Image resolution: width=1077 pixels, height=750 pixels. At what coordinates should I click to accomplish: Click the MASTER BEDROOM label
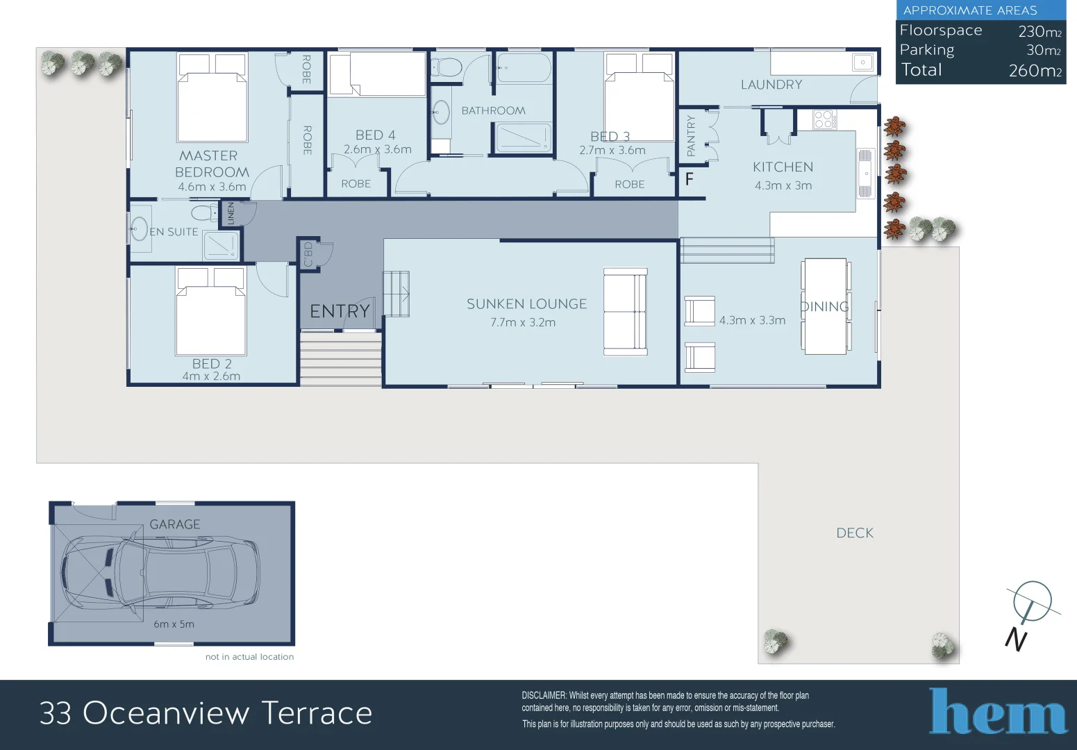(211, 164)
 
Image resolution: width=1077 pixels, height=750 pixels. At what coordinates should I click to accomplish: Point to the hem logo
(998, 711)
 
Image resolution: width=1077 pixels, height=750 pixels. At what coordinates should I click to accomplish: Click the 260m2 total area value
(1035, 71)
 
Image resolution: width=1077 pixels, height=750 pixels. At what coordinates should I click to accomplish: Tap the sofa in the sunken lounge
(625, 312)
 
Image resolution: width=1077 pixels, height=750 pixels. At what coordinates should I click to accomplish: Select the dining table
(825, 306)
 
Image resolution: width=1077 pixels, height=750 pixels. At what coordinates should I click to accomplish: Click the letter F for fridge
(689, 179)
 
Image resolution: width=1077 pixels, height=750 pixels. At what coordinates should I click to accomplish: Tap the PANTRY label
(690, 135)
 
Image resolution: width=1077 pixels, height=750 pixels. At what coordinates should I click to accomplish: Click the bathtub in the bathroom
(524, 68)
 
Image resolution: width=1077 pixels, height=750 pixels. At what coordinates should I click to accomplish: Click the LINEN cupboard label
(231, 213)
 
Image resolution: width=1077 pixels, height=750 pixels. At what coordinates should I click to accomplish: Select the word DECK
(854, 533)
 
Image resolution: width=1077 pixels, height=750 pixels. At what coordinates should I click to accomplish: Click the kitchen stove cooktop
(824, 119)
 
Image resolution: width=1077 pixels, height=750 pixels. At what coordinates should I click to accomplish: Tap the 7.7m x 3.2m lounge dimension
(522, 322)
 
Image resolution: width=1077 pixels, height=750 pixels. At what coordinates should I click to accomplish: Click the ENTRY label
(339, 311)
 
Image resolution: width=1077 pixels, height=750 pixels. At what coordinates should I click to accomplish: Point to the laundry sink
(862, 62)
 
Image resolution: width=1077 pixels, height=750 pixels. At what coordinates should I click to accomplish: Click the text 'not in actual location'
(249, 656)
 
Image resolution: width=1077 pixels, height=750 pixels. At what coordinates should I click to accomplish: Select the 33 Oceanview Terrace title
(206, 713)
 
